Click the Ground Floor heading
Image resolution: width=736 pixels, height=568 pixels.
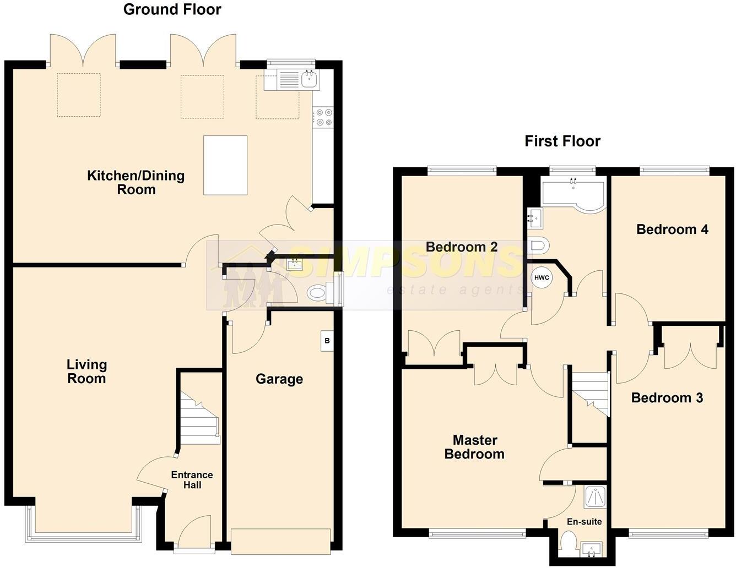(172, 9)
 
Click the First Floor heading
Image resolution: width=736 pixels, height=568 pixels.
(562, 141)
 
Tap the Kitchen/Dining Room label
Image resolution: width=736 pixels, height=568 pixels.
(136, 182)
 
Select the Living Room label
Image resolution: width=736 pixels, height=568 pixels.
(86, 372)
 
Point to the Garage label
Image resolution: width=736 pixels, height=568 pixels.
(279, 379)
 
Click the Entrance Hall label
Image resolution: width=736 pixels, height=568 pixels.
(192, 480)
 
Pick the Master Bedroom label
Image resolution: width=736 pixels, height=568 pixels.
(474, 447)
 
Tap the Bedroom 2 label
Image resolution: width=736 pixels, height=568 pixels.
(462, 247)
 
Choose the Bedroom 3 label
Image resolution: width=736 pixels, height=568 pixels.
(667, 398)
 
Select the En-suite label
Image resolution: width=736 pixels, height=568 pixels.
(584, 522)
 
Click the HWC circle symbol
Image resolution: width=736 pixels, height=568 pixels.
(542, 278)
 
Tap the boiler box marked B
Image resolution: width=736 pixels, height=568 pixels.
(327, 341)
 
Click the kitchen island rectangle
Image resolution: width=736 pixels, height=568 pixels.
(225, 165)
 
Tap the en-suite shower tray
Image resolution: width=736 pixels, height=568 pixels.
(596, 496)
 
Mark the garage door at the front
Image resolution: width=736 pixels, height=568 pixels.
(281, 542)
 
